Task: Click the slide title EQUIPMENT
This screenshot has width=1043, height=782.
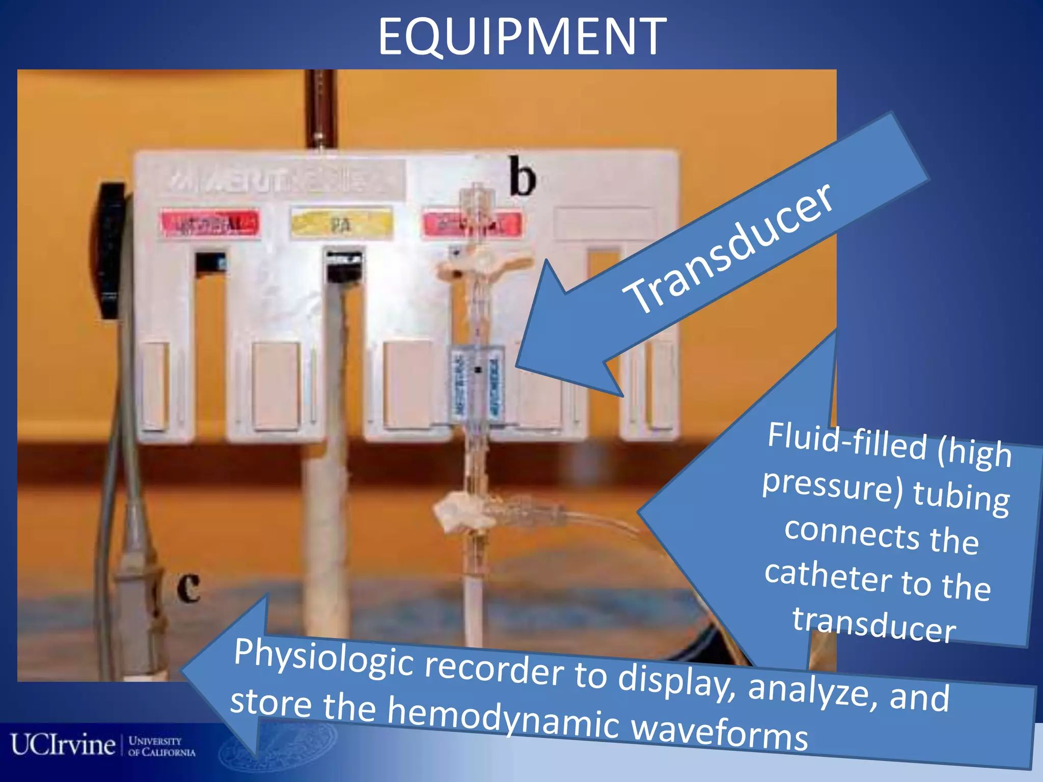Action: [x=521, y=37]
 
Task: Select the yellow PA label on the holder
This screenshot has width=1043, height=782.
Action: [x=341, y=224]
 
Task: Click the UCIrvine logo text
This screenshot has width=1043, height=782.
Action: [x=63, y=745]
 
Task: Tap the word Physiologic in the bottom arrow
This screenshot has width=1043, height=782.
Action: [x=323, y=659]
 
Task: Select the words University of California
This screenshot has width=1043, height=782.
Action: [x=161, y=746]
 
